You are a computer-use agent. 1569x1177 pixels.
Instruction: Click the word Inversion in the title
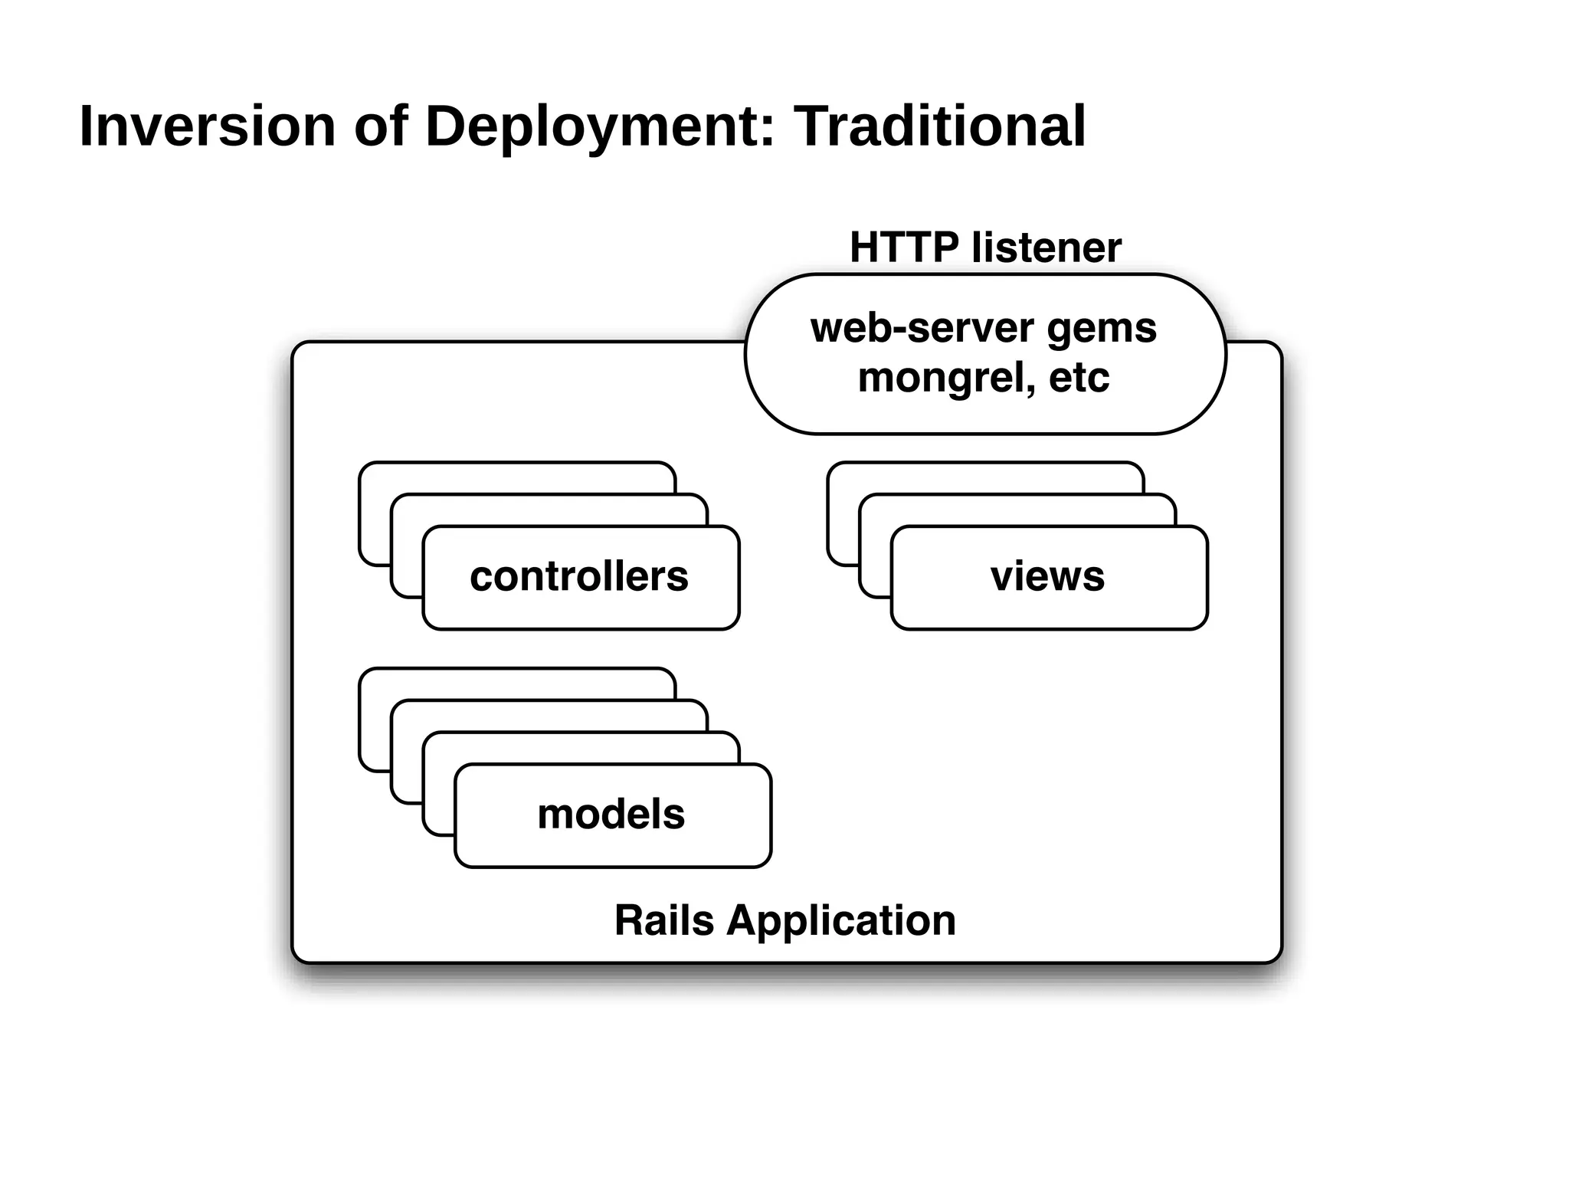click(x=208, y=126)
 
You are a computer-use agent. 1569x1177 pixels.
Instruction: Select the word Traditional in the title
click(x=939, y=126)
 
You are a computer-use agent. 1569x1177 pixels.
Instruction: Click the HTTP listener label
click(x=985, y=248)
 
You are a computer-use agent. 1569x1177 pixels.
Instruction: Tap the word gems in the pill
click(x=1101, y=328)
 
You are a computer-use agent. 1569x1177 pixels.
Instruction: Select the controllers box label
click(x=579, y=576)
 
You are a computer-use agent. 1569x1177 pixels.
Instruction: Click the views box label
click(x=1047, y=576)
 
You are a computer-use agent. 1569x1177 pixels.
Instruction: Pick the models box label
click(x=611, y=814)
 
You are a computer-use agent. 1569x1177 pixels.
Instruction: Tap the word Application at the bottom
click(x=841, y=920)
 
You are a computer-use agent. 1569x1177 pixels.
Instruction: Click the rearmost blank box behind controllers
click(x=516, y=477)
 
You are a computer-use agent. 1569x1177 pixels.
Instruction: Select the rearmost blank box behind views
click(x=984, y=477)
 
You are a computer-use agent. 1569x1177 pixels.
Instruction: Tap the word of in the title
click(x=380, y=126)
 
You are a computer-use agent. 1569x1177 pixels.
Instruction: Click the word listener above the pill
click(x=1046, y=248)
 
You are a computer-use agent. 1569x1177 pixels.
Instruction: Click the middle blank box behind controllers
click(x=549, y=510)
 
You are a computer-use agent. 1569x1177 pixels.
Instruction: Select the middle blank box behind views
click(x=1017, y=510)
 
